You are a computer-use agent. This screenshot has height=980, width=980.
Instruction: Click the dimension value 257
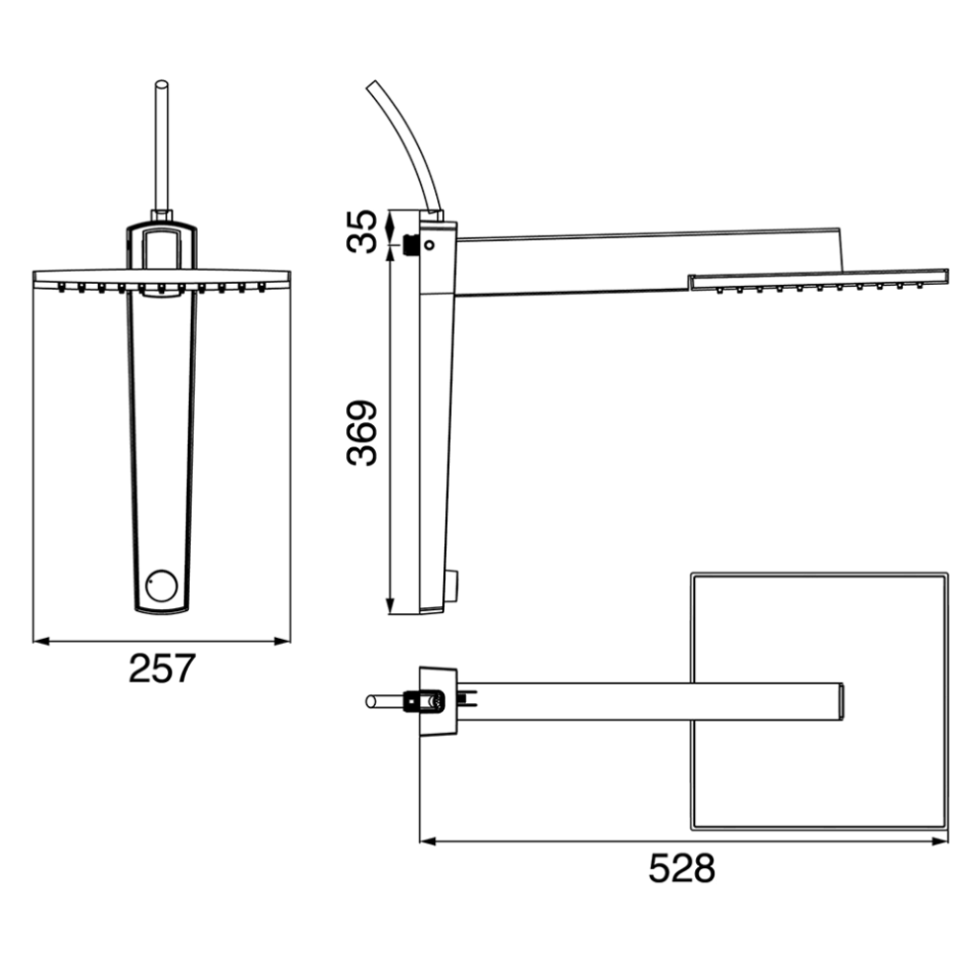pos(162,668)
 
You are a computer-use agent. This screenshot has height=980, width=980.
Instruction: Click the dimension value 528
pos(682,868)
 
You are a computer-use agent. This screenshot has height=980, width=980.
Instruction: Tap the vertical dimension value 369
pos(363,433)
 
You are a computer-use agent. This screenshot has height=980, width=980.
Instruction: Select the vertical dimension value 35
pos(363,230)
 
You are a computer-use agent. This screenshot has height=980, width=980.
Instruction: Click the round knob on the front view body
pos(161,585)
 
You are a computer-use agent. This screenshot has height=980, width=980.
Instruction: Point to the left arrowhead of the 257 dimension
pos(41,641)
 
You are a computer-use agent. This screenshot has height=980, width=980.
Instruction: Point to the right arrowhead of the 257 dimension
pos(283,641)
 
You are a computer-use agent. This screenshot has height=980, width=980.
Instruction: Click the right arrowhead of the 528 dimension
pos(940,842)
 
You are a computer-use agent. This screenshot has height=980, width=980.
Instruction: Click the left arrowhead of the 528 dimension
pos(428,842)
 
